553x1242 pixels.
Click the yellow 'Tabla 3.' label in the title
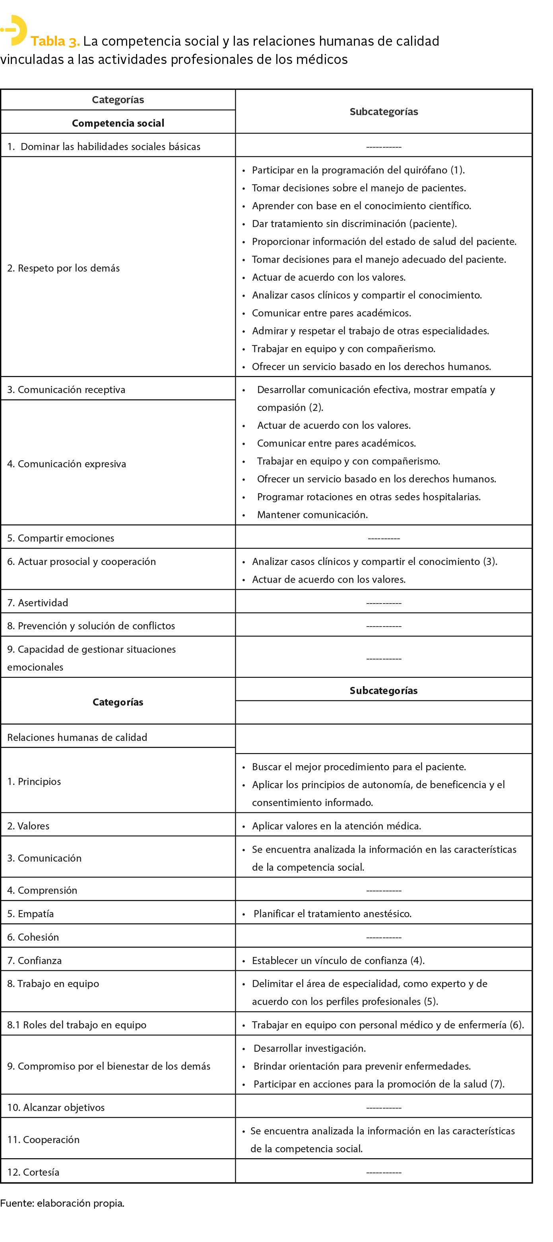click(55, 41)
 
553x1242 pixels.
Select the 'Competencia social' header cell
click(118, 123)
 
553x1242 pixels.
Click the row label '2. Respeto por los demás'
click(63, 268)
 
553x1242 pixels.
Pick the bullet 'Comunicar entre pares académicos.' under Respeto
click(331, 313)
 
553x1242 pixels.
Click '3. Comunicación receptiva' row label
click(66, 390)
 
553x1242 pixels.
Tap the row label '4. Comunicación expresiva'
click(67, 464)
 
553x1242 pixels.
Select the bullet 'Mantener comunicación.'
click(312, 515)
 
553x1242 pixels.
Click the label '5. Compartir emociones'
click(61, 538)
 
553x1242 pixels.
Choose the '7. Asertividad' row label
click(38, 603)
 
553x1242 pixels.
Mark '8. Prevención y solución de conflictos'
click(91, 626)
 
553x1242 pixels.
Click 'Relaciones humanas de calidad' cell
click(77, 737)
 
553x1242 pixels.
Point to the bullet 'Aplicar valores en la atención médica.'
click(336, 826)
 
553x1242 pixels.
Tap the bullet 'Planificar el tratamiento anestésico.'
click(332, 914)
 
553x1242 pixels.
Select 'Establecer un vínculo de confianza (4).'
click(338, 960)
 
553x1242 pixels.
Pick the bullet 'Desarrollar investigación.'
click(310, 1048)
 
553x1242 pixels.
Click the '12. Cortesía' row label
click(33, 1172)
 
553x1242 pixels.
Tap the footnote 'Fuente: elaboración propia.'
click(62, 1203)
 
